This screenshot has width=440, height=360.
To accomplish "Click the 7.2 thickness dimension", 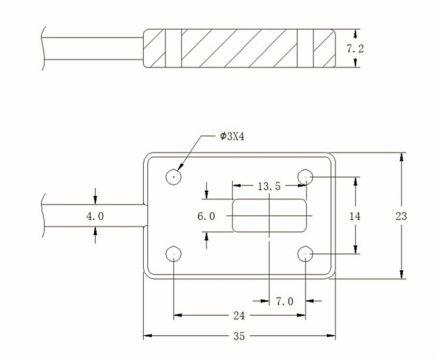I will (x=355, y=49).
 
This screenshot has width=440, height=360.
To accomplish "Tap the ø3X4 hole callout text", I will (x=232, y=137).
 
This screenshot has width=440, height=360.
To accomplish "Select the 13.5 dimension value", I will (x=269, y=186).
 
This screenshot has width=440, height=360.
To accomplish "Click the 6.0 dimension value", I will (x=206, y=216).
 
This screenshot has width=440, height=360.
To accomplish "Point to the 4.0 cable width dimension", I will (x=95, y=216).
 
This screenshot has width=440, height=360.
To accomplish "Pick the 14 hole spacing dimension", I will (x=355, y=216).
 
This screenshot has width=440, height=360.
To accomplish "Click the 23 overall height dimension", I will (x=401, y=216).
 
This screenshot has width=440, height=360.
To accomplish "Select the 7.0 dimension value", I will (x=285, y=301).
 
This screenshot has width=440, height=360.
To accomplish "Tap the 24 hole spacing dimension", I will (x=238, y=316).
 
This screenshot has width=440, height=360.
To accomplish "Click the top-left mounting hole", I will (x=174, y=176).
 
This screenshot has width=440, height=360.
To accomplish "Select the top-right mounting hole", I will (x=305, y=176).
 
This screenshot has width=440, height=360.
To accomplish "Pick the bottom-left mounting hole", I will (x=174, y=254).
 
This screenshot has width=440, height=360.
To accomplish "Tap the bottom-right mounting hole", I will (x=305, y=254).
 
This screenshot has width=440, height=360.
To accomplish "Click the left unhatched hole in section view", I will (x=174, y=49).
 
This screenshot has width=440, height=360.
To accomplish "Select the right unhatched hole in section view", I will (x=305, y=49).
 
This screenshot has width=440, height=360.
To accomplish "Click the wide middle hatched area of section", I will (x=239, y=49).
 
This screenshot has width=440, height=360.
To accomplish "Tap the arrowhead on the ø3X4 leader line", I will (x=179, y=168).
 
